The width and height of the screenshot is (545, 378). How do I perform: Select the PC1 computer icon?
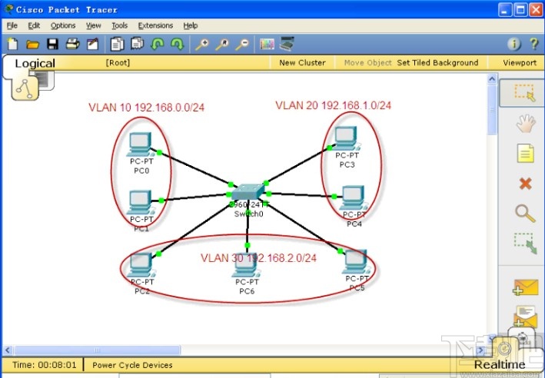click(141, 202)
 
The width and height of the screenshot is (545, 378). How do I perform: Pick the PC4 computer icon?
click(353, 198)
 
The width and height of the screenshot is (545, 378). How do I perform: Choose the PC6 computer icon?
click(247, 266)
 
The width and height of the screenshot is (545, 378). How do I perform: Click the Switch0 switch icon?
click(248, 193)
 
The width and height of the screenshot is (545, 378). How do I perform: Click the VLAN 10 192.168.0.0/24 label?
click(147, 108)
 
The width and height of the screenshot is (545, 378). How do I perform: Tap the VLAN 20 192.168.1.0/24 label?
click(334, 105)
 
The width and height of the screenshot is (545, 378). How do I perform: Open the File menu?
click(12, 25)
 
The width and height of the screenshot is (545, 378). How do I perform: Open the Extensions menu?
click(155, 25)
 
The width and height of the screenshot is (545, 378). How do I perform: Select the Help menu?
click(190, 25)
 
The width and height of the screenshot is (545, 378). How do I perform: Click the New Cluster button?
click(302, 63)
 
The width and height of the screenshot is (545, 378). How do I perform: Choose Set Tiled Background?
click(437, 63)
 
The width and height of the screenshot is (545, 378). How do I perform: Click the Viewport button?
click(520, 63)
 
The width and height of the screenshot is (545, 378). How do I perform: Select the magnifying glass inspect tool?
click(525, 213)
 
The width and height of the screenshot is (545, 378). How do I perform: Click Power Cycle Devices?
click(132, 365)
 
